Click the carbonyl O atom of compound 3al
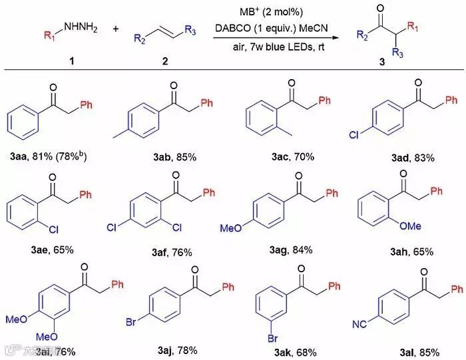click(x=419, y=269)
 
